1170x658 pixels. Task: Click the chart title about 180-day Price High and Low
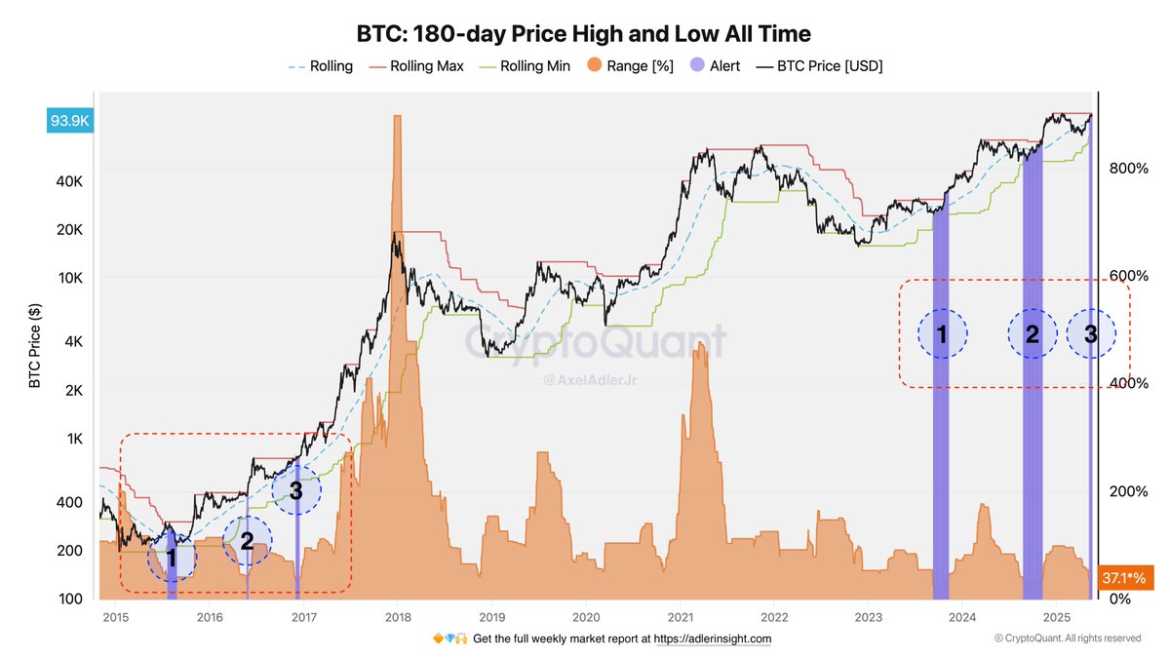[x=584, y=34]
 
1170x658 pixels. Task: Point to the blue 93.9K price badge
[x=70, y=121]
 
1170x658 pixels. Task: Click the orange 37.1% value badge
[x=1126, y=577]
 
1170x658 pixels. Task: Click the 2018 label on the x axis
[x=398, y=617]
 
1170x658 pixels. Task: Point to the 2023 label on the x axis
[x=869, y=617]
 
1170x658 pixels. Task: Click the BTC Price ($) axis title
[x=35, y=345]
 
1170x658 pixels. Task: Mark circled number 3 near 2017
[x=296, y=493]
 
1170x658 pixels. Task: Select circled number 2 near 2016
[x=247, y=541]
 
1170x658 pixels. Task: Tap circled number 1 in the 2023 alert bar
[x=942, y=334]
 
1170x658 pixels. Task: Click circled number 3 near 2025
[x=1091, y=334]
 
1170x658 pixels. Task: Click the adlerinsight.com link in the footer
[x=712, y=639]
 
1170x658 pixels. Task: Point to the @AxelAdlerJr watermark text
[x=594, y=377]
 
